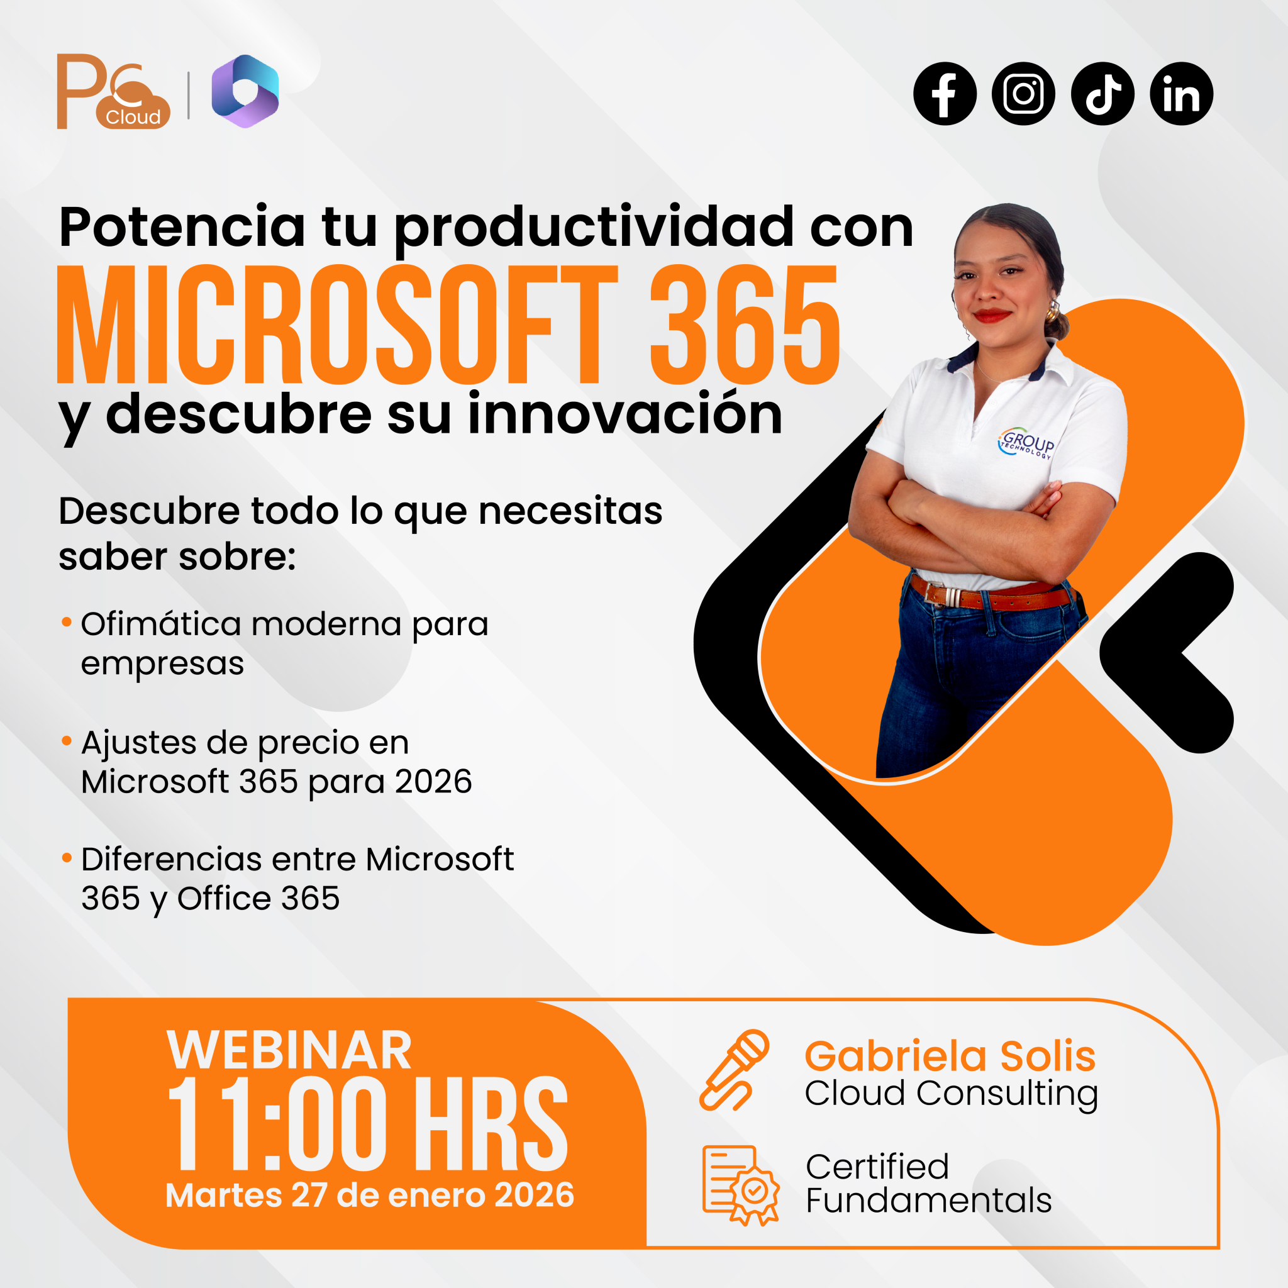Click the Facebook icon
click(x=945, y=94)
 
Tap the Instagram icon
click(x=1023, y=94)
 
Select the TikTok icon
click(x=1102, y=94)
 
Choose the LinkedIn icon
click(x=1181, y=94)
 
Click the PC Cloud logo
click(x=113, y=91)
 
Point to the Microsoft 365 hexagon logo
click(x=245, y=91)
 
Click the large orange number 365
click(x=745, y=325)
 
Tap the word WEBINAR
click(x=289, y=1051)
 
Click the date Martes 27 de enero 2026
click(x=370, y=1196)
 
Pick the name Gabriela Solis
click(x=950, y=1056)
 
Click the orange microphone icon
click(x=734, y=1070)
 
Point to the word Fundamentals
click(x=929, y=1201)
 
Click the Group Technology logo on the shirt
click(x=1026, y=443)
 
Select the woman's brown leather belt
click(x=993, y=596)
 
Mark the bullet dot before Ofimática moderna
click(x=67, y=623)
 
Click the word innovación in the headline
click(x=625, y=414)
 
